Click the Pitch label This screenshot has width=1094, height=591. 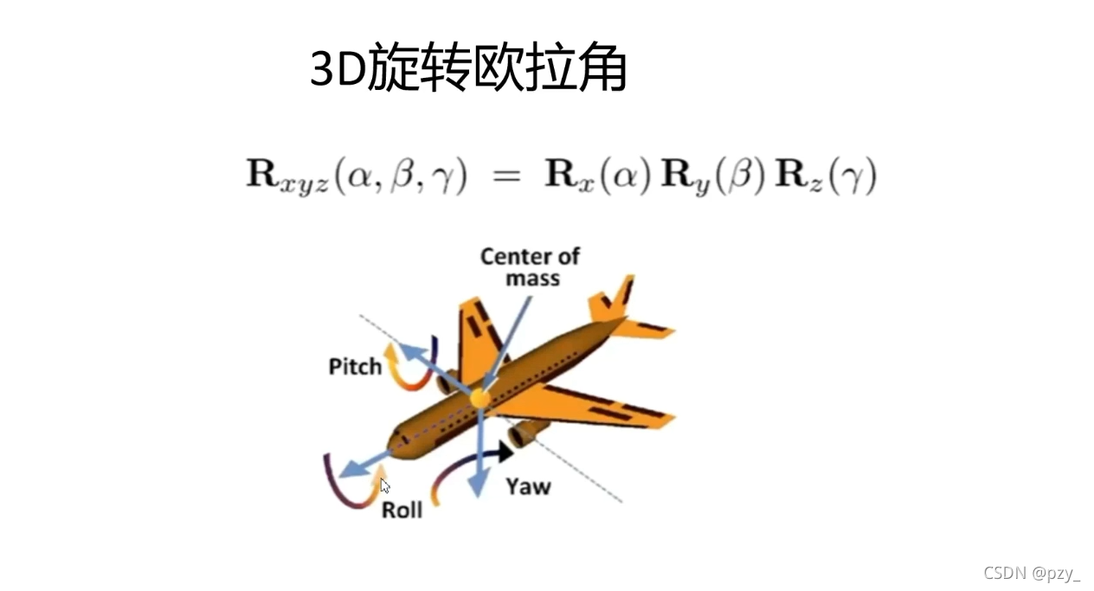click(x=355, y=367)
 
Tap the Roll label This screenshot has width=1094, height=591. click(x=402, y=510)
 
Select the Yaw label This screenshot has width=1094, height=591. click(x=528, y=487)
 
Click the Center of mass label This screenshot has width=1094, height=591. click(x=530, y=267)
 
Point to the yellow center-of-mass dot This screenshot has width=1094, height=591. click(x=479, y=398)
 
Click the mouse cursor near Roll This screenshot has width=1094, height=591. click(x=384, y=485)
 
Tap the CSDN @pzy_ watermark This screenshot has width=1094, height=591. click(x=1032, y=572)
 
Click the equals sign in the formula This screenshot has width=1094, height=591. click(x=505, y=177)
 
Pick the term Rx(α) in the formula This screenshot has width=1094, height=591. click(x=597, y=177)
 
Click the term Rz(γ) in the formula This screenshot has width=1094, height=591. click(x=827, y=177)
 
